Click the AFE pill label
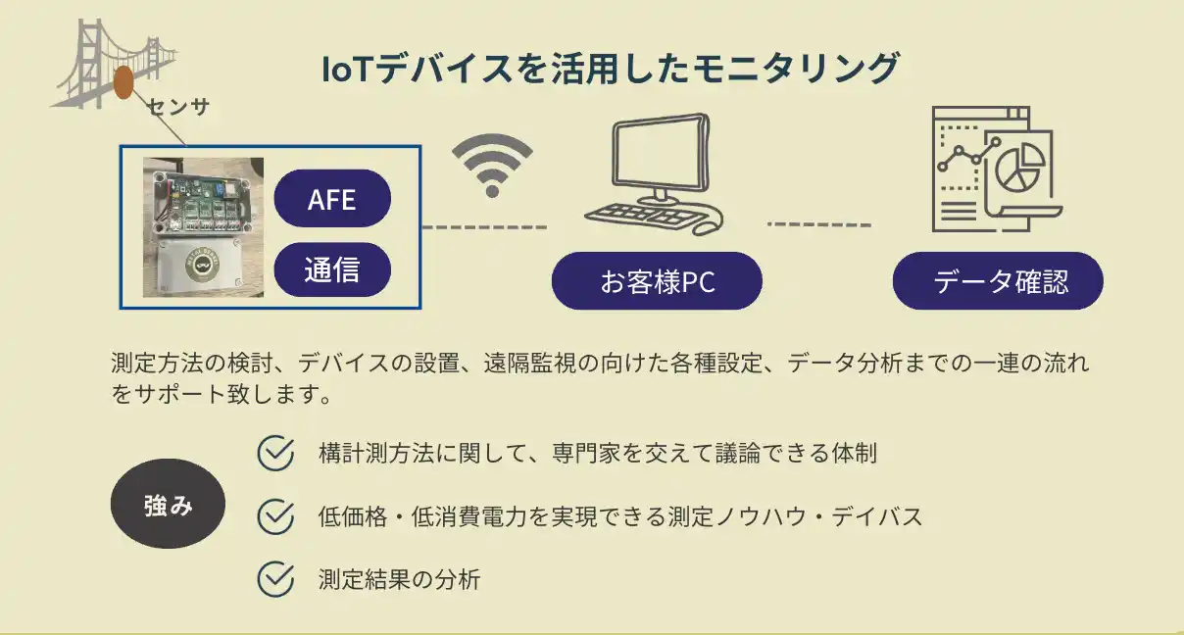tap(332, 199)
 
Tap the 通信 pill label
tap(332, 269)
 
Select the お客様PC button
tap(657, 281)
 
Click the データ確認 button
tap(998, 281)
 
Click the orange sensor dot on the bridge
tap(123, 82)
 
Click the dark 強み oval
tap(168, 504)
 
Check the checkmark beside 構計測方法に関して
tap(275, 454)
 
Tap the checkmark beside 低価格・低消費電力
tap(275, 516)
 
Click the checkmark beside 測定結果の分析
tap(275, 578)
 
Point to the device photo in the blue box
tap(203, 226)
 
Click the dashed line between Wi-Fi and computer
tap(484, 227)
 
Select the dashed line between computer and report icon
tap(818, 224)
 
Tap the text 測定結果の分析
tap(399, 579)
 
